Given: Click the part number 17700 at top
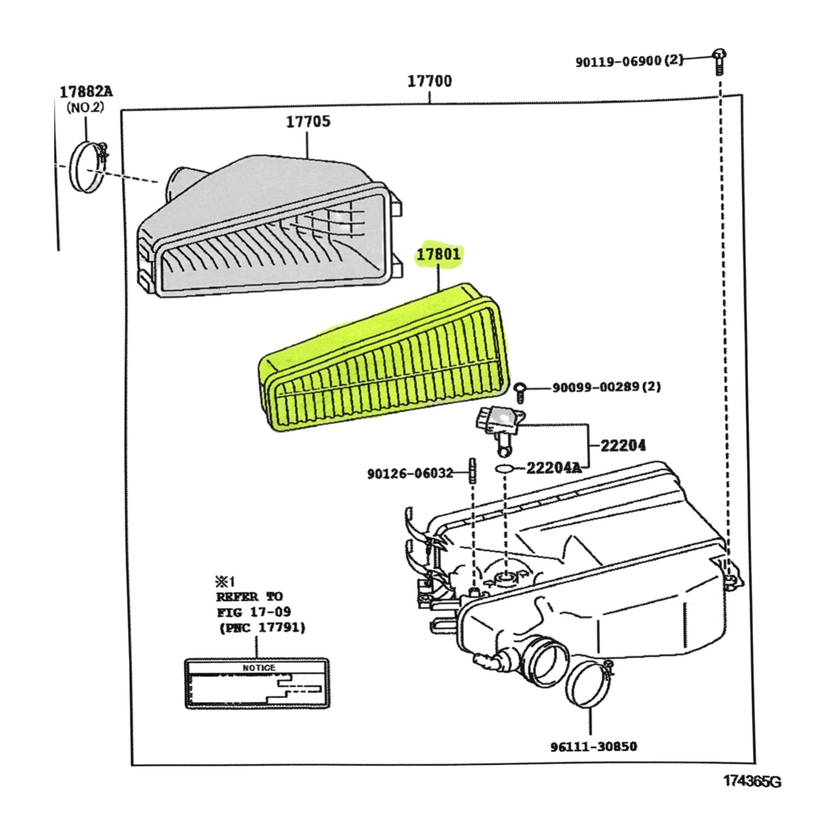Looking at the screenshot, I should pyautogui.click(x=429, y=81).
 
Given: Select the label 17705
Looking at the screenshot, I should pyautogui.click(x=308, y=122).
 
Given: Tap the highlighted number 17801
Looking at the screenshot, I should pyautogui.click(x=439, y=255).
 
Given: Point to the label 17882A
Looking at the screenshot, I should pyautogui.click(x=86, y=91).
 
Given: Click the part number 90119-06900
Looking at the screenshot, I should pyautogui.click(x=618, y=61).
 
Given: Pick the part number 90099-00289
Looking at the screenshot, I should pyautogui.click(x=596, y=387).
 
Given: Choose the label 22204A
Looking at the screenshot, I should pyautogui.click(x=553, y=467).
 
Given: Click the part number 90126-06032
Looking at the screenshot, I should pyautogui.click(x=410, y=474).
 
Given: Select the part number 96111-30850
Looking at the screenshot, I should pyautogui.click(x=592, y=747).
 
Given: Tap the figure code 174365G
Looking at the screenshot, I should pyautogui.click(x=751, y=782).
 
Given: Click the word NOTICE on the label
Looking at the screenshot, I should pyautogui.click(x=258, y=667).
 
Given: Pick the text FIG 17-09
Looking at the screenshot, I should pyautogui.click(x=254, y=612).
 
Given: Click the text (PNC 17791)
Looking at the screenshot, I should pyautogui.click(x=261, y=628).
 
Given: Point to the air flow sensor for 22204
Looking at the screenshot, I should pyautogui.click(x=497, y=423).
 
